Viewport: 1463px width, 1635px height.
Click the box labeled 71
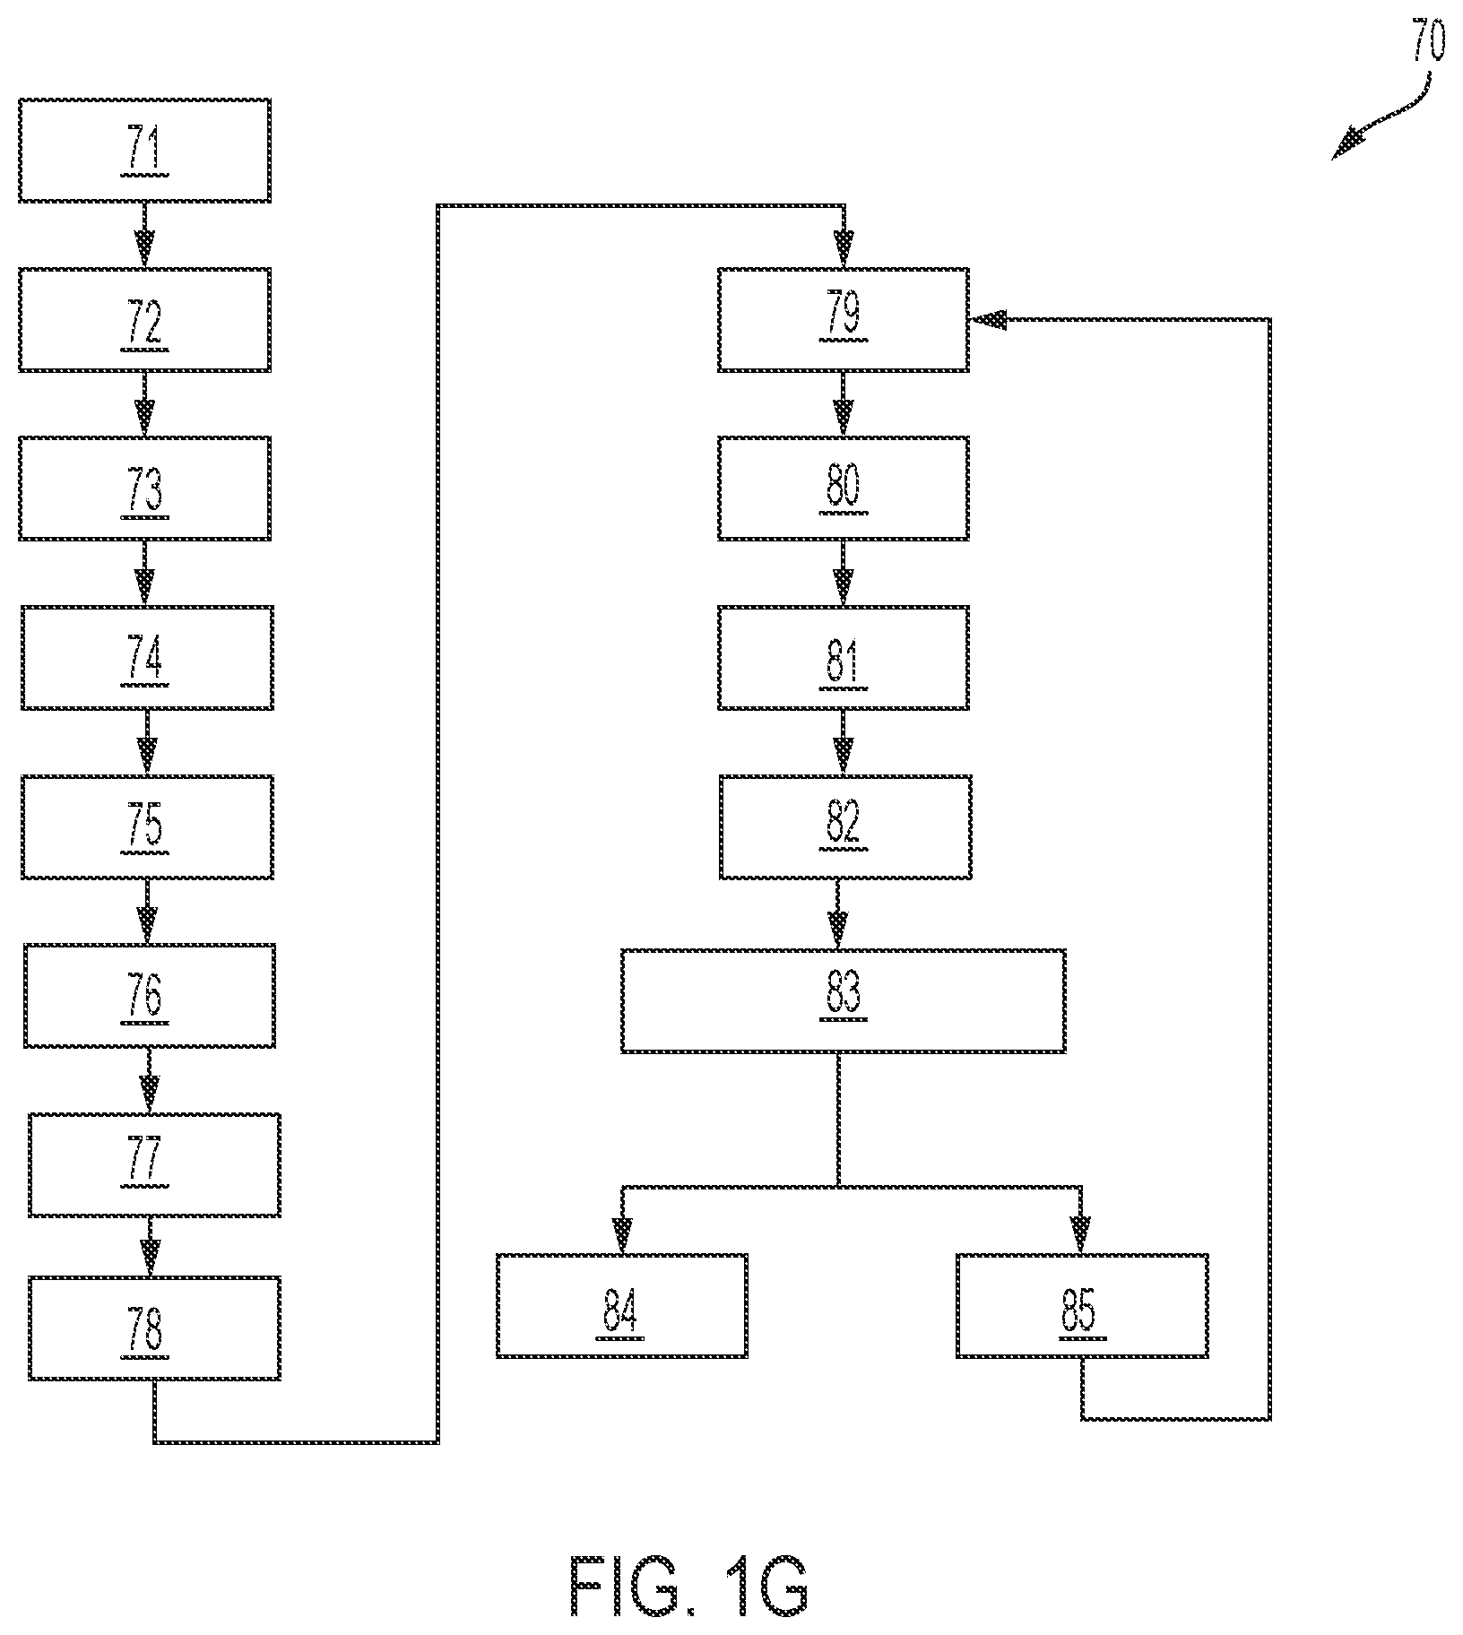(144, 151)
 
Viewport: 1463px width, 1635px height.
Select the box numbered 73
(144, 489)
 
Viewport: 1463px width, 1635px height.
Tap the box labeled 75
(147, 826)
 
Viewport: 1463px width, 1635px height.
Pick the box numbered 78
(154, 1328)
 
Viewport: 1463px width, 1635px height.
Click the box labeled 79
(843, 319)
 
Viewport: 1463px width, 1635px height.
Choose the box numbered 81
(843, 658)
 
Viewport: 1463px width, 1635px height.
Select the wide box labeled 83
(843, 1000)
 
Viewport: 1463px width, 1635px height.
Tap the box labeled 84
(621, 1305)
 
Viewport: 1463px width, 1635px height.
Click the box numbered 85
(1081, 1305)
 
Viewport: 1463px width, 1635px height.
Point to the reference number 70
(1429, 41)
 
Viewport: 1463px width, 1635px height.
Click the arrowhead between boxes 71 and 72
(144, 247)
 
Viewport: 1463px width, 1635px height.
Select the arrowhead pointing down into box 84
(621, 1234)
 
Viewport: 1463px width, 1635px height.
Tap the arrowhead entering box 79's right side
(989, 320)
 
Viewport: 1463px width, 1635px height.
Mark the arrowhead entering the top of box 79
(844, 248)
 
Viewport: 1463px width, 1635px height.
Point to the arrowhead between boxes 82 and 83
(838, 930)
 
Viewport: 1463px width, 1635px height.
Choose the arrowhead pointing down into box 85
(1081, 1234)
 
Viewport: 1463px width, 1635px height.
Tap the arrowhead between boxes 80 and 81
(843, 588)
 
